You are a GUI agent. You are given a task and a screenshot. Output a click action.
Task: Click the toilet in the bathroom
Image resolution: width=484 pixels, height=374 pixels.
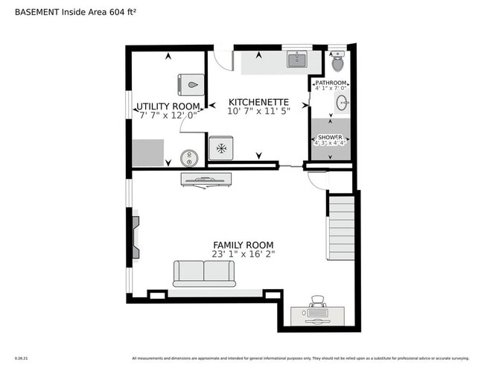[336, 61]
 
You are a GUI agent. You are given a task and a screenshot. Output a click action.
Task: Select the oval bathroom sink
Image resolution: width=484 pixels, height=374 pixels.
[343, 103]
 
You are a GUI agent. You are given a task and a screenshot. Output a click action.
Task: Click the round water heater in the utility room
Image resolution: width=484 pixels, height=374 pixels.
[190, 157]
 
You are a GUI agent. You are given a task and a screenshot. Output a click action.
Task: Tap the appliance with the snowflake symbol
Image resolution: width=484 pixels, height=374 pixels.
[221, 148]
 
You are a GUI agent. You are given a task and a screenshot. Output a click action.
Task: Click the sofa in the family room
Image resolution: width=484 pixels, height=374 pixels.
[204, 273]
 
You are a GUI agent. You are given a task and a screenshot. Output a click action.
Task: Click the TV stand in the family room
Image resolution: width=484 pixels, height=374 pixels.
[206, 179]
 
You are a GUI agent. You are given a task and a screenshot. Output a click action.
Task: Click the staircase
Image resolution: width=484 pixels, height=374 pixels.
[342, 226]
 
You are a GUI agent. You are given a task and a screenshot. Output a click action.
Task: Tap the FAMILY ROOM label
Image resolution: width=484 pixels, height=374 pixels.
[243, 245]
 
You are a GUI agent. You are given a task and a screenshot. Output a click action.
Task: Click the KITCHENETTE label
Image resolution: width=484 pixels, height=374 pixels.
[258, 101]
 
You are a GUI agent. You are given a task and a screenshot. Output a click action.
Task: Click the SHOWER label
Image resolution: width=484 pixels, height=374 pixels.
[330, 138]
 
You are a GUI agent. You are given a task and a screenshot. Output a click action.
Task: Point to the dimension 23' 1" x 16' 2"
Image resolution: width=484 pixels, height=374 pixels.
[243, 254]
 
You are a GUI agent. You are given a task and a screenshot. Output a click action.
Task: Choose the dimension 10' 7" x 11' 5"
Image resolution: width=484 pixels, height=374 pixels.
[258, 111]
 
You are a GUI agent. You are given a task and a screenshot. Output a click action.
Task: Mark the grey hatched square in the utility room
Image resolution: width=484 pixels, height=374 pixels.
[148, 152]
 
